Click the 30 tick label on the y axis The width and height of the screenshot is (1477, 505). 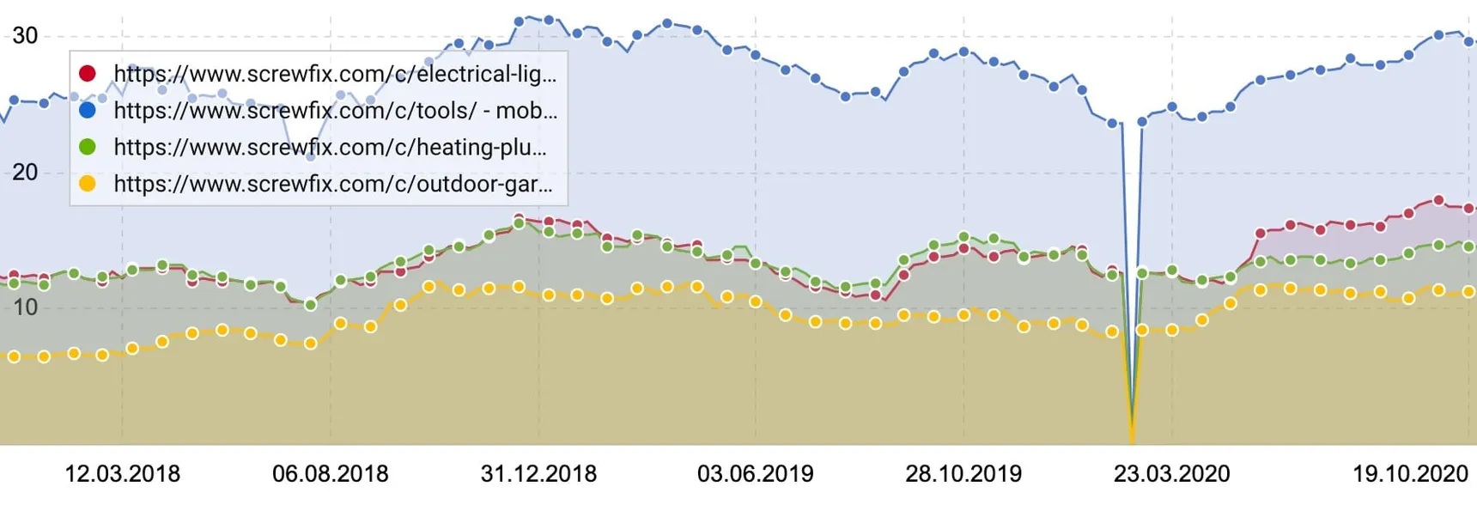click(x=25, y=35)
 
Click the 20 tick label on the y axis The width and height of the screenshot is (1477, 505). click(x=25, y=172)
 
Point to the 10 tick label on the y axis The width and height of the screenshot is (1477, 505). click(x=25, y=307)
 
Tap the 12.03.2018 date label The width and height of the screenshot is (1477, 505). click(x=123, y=473)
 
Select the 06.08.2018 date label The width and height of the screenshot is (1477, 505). click(x=331, y=473)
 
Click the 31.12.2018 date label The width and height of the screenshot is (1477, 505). click(x=538, y=473)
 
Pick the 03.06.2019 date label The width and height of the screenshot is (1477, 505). click(x=756, y=473)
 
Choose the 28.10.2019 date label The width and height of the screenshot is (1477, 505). click(x=963, y=473)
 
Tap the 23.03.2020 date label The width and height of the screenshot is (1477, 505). click(x=1172, y=473)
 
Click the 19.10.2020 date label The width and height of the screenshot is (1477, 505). click(x=1411, y=473)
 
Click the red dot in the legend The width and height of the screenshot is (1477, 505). click(x=88, y=73)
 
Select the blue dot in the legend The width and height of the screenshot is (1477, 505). click(x=88, y=110)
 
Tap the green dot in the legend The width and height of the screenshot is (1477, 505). click(x=88, y=147)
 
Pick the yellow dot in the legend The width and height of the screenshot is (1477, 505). click(x=88, y=184)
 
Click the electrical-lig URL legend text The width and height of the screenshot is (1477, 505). click(x=336, y=74)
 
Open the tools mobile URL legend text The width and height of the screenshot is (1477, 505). click(x=336, y=111)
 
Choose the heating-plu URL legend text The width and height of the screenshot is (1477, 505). click(x=331, y=148)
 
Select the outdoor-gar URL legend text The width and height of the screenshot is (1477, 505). click(x=333, y=185)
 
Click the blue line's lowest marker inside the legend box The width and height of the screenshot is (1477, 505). click(x=311, y=156)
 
